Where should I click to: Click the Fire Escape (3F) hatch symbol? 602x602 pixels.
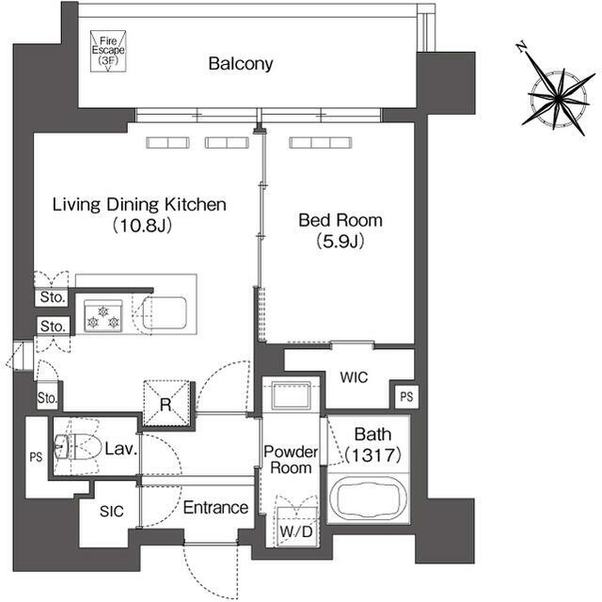108,52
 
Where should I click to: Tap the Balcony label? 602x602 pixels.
241,63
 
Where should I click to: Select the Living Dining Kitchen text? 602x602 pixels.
139,204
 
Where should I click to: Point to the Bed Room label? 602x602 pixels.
341,220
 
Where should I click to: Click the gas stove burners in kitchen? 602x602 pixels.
103,316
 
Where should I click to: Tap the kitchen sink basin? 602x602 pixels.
165,313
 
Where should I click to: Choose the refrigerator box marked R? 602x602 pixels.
166,404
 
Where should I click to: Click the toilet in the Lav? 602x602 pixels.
76,447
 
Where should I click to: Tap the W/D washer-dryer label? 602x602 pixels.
296,531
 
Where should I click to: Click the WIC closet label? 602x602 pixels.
354,377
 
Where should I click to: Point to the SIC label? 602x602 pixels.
111,511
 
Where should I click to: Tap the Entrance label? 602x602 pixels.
215,508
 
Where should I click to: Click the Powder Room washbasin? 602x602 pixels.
291,395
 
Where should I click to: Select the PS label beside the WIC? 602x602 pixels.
406,397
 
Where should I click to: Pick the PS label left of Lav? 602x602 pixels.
36,457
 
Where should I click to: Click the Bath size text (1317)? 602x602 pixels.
372,455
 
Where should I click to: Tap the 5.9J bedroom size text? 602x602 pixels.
341,242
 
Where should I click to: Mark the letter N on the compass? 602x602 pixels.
521,47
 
